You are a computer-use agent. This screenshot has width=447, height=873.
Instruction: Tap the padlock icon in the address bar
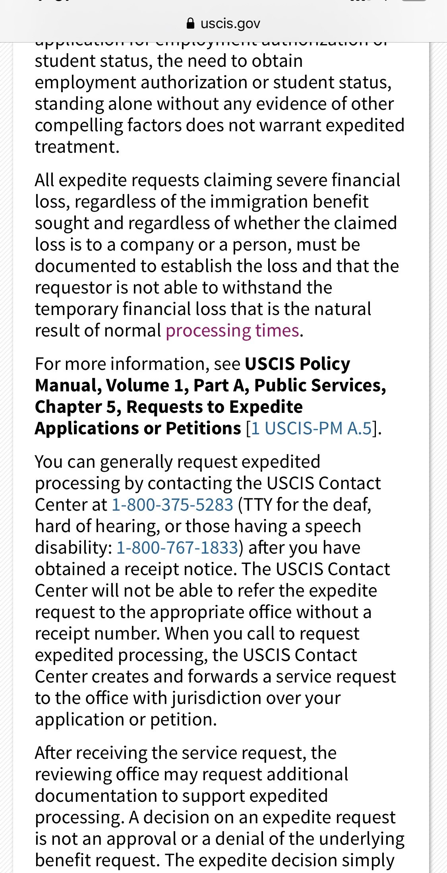[x=190, y=24]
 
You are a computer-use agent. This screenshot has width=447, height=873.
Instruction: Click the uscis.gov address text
[x=230, y=24]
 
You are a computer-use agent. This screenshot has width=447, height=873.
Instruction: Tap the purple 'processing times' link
[x=232, y=331]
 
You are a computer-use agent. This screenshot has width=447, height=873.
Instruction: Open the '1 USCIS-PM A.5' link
[x=312, y=429]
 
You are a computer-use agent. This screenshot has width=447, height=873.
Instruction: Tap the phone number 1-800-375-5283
[x=172, y=505]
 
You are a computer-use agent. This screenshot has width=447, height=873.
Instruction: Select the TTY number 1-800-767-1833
[x=177, y=548]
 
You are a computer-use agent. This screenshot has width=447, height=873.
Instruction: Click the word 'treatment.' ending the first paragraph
[x=77, y=147]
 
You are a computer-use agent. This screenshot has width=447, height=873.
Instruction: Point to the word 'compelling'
[x=79, y=126]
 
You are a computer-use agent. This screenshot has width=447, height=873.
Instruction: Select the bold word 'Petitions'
[x=203, y=429]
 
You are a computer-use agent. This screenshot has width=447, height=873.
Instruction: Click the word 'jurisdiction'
[x=217, y=698]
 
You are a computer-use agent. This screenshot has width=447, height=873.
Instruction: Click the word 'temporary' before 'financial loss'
[x=76, y=309]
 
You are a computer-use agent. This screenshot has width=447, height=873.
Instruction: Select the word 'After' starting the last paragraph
[x=50, y=753]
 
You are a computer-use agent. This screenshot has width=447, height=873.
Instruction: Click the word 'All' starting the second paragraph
[x=44, y=181]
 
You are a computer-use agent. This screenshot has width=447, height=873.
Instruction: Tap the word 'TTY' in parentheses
[x=257, y=505]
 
